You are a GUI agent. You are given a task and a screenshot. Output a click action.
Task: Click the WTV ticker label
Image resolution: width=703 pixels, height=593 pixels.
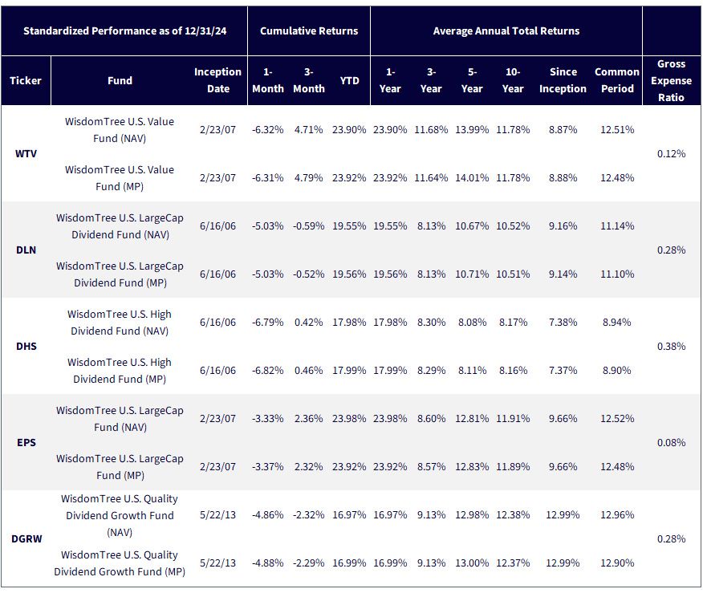coord(26,154)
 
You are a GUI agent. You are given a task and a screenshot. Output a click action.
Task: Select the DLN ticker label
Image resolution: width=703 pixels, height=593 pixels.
coord(26,250)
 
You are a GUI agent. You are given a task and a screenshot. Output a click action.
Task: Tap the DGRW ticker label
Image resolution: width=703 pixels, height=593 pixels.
coord(26,538)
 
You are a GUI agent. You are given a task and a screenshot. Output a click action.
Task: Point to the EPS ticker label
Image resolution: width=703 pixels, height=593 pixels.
coord(26,442)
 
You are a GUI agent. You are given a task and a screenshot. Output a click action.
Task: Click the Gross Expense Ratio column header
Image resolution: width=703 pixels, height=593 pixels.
coord(671,81)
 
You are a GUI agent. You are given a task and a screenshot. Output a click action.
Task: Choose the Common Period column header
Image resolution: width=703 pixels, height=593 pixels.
coord(617,80)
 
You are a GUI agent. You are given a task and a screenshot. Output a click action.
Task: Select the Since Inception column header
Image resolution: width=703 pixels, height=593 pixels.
coord(563,80)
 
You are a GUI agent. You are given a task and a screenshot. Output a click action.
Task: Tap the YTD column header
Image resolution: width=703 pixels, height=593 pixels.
coord(349,81)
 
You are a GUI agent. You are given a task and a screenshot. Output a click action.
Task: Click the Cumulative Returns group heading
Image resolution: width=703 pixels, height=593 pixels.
coord(309,31)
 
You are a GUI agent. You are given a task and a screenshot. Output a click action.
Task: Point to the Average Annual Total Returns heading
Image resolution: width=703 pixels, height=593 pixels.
coord(506,31)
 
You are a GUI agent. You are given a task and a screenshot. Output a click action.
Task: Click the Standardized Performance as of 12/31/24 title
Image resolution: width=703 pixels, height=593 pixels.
coord(124,31)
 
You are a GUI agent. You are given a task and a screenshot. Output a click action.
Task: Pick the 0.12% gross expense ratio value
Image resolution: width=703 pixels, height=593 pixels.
coord(671,154)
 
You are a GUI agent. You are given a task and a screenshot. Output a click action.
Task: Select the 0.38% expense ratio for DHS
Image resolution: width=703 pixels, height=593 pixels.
coord(671,346)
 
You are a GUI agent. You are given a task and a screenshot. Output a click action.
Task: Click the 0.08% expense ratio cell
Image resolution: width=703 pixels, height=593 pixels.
coord(671,442)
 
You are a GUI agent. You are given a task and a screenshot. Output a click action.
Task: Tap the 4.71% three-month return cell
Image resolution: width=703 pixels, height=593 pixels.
coord(308,129)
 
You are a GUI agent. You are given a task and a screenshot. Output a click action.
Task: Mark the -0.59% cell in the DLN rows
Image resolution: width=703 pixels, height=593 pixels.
coord(308,226)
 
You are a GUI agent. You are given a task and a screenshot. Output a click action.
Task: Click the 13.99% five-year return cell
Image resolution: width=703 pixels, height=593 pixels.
coord(472,129)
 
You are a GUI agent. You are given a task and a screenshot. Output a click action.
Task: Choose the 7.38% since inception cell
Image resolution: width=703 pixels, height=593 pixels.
coord(563,323)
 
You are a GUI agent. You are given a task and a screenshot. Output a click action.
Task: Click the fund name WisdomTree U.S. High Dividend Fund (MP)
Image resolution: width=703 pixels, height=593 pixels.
coord(120,371)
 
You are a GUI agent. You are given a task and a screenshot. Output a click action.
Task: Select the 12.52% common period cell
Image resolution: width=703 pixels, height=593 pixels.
coord(617,419)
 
